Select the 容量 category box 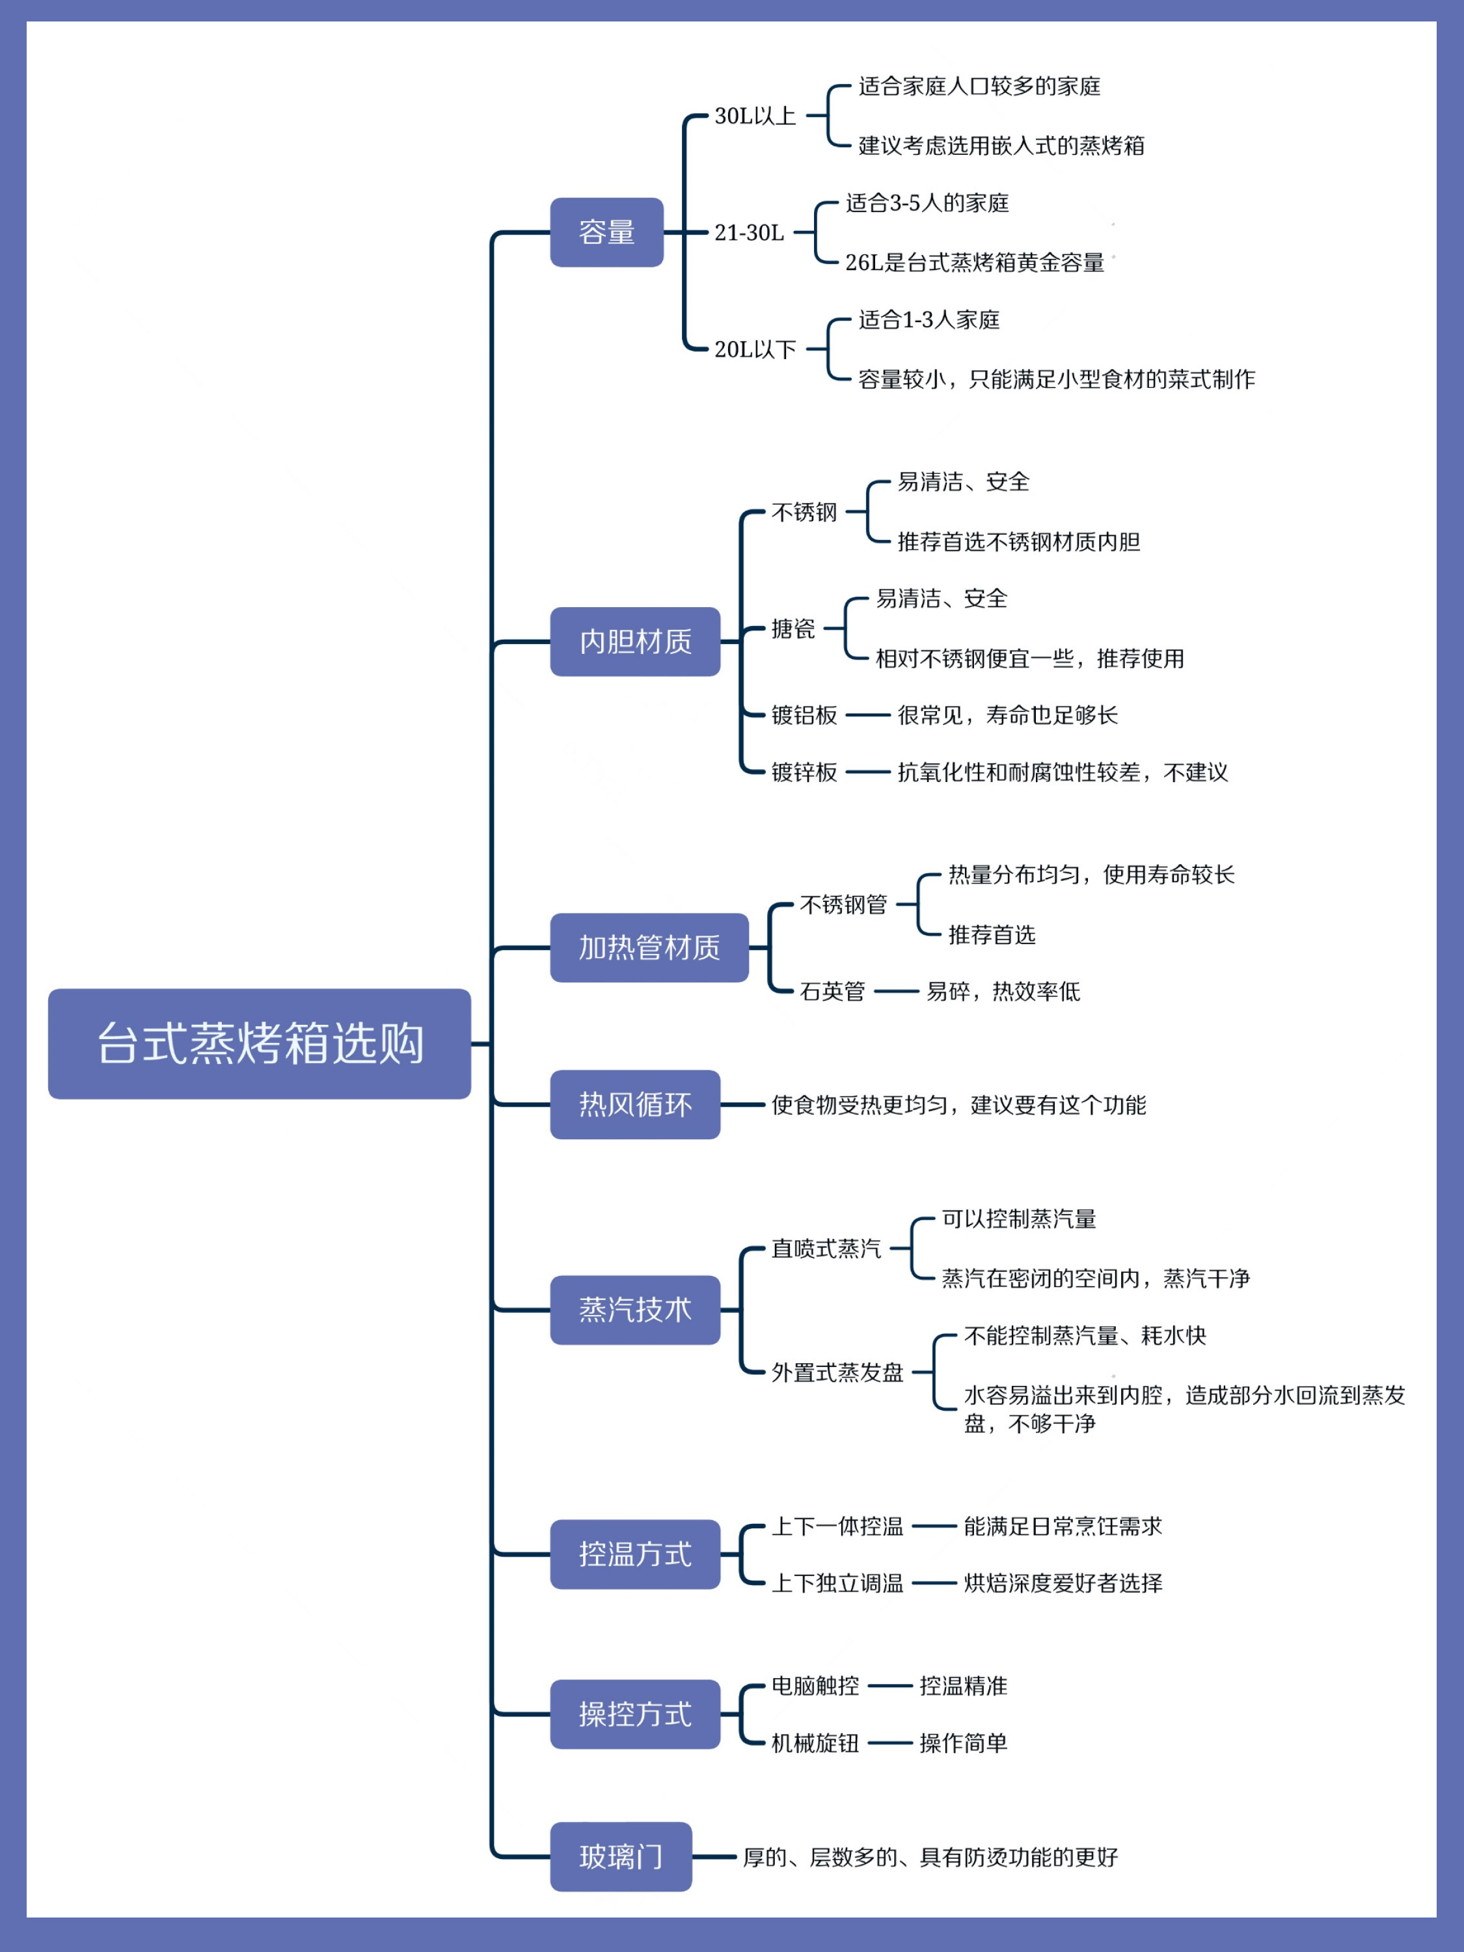point(606,232)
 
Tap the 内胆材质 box point(634,642)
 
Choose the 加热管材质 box point(649,948)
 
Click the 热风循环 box point(634,1104)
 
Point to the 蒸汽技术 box point(634,1310)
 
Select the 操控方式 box point(634,1714)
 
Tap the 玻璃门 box point(620,1857)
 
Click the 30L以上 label point(755,116)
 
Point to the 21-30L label point(748,232)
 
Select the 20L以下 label point(755,349)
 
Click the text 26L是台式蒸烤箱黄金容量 point(974,262)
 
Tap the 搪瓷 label point(793,629)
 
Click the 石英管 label point(832,991)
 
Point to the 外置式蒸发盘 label point(837,1372)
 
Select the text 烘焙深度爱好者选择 point(1063,1583)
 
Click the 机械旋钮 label point(815,1743)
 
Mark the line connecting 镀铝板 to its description point(867,715)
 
